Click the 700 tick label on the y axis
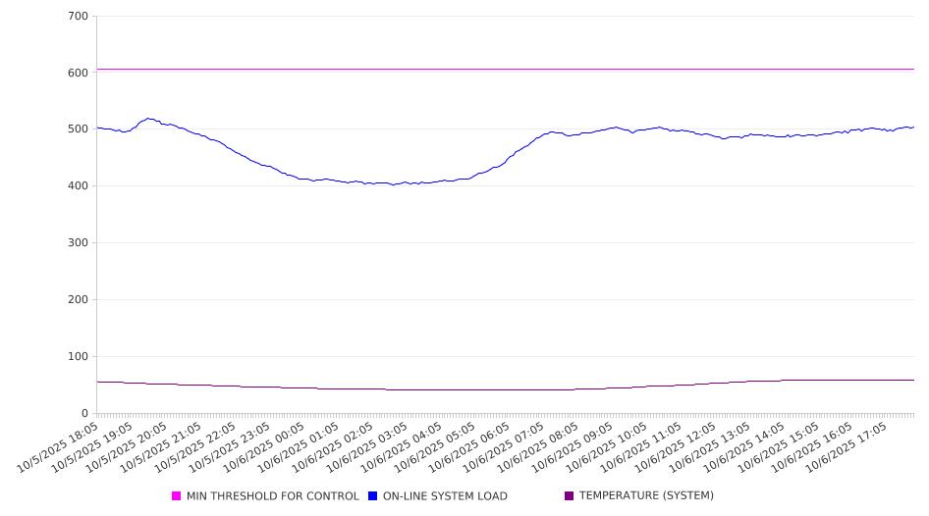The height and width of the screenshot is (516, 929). click(79, 17)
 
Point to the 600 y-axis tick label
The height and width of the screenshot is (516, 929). click(79, 73)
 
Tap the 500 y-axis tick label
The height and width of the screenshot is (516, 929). click(79, 129)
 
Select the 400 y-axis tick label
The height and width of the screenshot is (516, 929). click(79, 186)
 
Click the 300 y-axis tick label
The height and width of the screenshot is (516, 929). click(79, 243)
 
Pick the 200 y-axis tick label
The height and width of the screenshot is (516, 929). click(79, 300)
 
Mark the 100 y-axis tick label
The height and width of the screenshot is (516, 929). click(79, 357)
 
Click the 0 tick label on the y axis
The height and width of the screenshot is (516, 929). click(85, 413)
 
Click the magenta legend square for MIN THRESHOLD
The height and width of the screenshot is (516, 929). click(177, 496)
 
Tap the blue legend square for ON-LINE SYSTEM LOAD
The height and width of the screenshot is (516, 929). click(372, 496)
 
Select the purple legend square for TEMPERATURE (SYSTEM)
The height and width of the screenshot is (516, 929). click(569, 496)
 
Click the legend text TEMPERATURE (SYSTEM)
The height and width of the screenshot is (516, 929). click(646, 496)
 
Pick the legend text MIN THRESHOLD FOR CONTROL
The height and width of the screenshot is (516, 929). click(273, 496)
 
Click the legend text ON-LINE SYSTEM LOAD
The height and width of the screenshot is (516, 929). click(445, 496)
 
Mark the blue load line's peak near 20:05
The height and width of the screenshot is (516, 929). click(148, 119)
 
